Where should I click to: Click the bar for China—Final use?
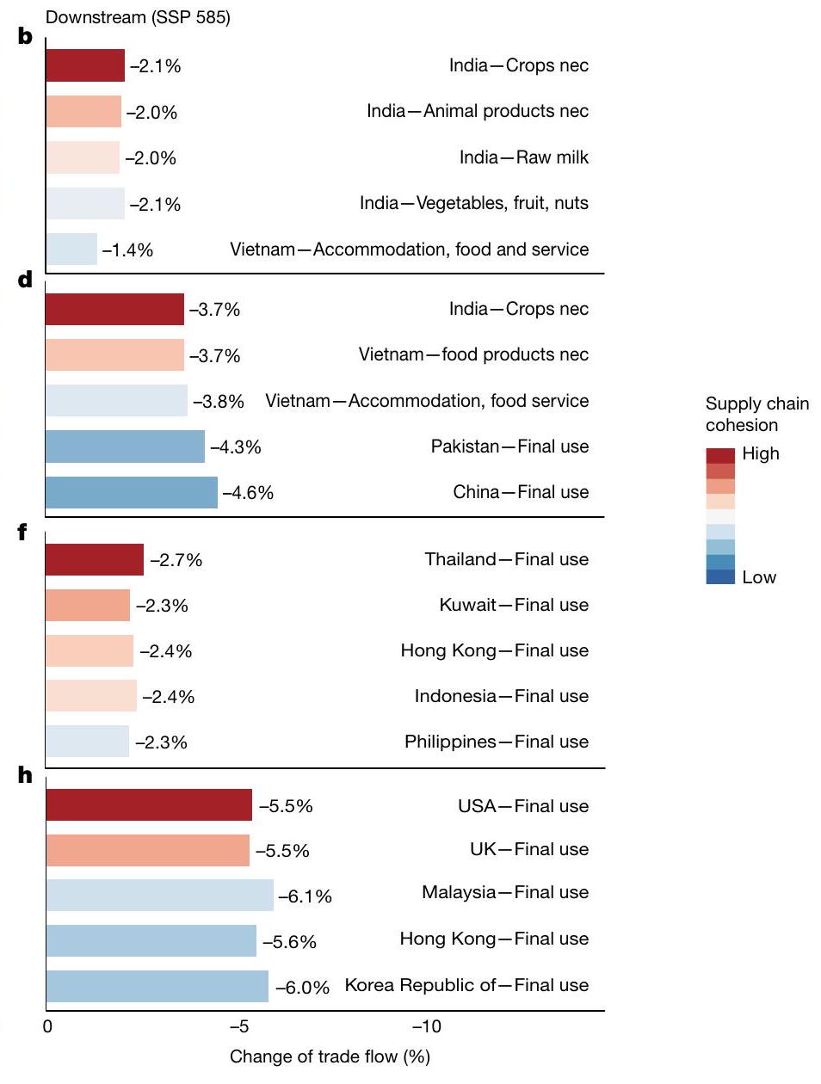click(131, 492)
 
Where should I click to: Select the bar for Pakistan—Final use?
click(125, 447)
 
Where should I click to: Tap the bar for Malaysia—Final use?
click(159, 896)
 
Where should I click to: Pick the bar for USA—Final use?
click(148, 804)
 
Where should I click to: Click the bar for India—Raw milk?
click(83, 157)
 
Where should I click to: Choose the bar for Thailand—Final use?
click(95, 559)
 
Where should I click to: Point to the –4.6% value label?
click(248, 493)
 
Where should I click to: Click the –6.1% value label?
click(305, 896)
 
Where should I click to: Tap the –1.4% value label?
click(127, 250)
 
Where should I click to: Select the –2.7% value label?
click(176, 560)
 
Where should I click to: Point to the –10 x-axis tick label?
click(426, 1025)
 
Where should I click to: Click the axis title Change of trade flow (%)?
click(330, 1056)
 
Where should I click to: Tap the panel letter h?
click(25, 775)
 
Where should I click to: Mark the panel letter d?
click(25, 280)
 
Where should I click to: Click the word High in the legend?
click(760, 453)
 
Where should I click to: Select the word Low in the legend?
click(758, 577)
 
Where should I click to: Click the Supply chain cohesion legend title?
click(756, 414)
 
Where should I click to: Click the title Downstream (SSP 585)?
click(138, 17)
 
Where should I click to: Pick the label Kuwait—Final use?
click(514, 605)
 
